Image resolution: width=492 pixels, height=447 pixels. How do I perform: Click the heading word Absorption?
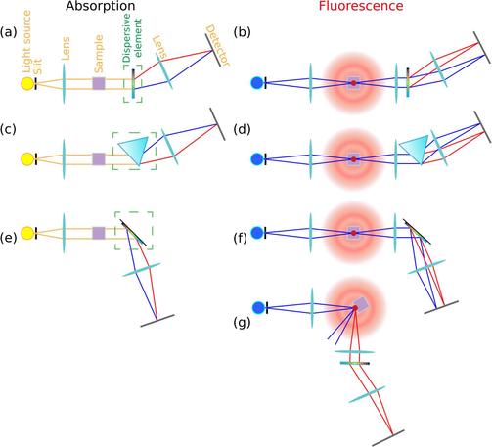[x=101, y=6]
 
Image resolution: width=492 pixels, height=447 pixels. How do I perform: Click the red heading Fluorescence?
[x=361, y=6]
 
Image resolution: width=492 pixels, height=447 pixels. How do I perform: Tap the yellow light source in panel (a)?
[x=27, y=83]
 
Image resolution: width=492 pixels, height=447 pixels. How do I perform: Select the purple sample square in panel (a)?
[x=99, y=83]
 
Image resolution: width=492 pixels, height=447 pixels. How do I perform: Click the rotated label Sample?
[x=98, y=54]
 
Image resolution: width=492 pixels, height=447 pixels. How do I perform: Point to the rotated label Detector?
[x=218, y=45]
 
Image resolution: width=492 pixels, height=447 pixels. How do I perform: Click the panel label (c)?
[x=8, y=129]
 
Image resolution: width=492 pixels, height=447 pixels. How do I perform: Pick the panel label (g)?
[x=242, y=323]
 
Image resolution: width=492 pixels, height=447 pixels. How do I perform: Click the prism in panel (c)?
[x=135, y=149]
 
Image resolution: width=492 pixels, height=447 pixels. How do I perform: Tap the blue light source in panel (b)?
[x=257, y=83]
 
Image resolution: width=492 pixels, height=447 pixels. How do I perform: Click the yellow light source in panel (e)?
[x=27, y=233]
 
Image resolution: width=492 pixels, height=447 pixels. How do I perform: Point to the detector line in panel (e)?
[x=157, y=321]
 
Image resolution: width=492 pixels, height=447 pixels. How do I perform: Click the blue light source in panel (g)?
[x=258, y=308]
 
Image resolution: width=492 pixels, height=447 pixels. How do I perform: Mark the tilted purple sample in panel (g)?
[x=361, y=304]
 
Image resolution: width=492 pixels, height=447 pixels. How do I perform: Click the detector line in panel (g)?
[x=388, y=438]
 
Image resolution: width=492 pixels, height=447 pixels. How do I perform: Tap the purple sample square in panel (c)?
[x=99, y=158]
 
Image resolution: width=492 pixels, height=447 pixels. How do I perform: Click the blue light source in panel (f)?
[x=257, y=233]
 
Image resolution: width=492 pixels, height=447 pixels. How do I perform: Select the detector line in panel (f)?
[x=441, y=307]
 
